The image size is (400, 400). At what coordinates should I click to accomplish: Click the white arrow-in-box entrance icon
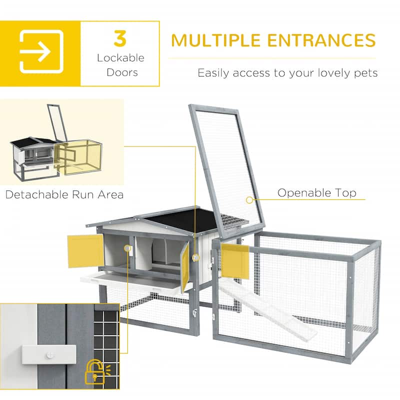tap(41, 52)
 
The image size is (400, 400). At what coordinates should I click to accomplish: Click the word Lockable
tap(120, 58)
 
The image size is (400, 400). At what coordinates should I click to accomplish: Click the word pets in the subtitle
tap(364, 73)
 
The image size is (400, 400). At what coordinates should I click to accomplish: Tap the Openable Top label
tap(317, 193)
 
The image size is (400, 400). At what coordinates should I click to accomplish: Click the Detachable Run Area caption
tap(64, 194)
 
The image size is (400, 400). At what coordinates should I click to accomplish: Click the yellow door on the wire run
tap(234, 261)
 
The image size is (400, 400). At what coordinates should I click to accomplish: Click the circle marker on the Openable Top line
tap(248, 200)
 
